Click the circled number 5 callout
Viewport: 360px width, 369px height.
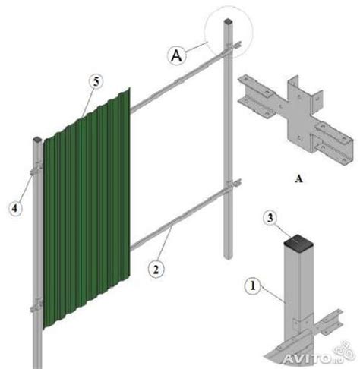[x=96, y=82]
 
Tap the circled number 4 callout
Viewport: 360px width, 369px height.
[x=14, y=208]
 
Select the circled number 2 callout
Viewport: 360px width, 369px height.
[x=156, y=269]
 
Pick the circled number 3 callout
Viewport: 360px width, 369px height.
[x=270, y=218]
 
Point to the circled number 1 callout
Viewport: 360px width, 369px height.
[x=253, y=286]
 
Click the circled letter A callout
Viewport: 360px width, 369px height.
[x=176, y=55]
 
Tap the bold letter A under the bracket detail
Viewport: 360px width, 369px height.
[x=298, y=179]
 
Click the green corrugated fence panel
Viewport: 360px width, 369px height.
[x=87, y=208]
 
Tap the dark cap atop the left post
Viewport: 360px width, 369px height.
[x=37, y=139]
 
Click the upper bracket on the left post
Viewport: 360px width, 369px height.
[x=37, y=169]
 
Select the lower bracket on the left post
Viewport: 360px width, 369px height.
[x=36, y=305]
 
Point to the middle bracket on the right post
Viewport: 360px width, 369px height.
[x=232, y=185]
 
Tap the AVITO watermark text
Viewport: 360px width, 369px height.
[x=307, y=358]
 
